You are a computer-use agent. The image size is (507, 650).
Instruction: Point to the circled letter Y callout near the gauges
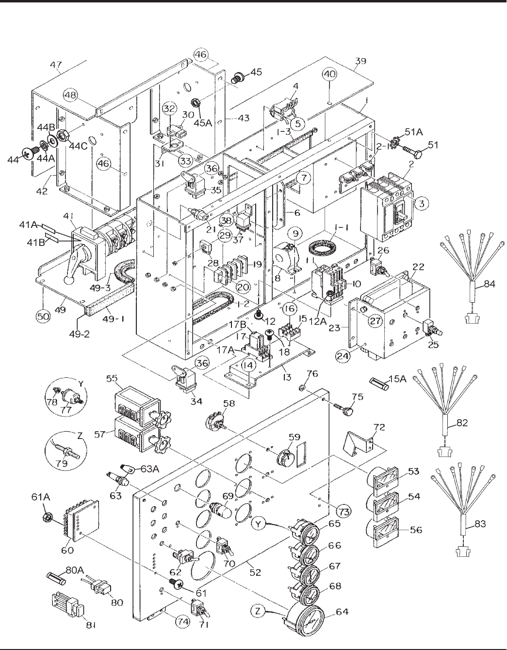coord(259,525)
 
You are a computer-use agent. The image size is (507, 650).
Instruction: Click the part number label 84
coord(490,284)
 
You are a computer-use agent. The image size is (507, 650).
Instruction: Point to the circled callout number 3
coord(421,204)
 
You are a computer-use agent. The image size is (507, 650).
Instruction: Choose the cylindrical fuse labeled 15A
coord(379,384)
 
